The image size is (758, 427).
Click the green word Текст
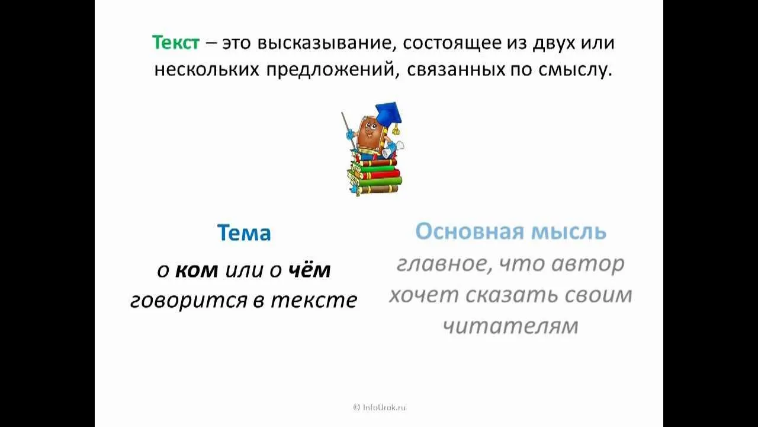tap(176, 43)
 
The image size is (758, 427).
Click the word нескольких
tap(207, 70)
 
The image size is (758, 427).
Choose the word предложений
tap(331, 71)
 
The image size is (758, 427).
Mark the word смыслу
tap(575, 71)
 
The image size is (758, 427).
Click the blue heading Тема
tap(244, 232)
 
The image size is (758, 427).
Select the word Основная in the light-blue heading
tap(469, 231)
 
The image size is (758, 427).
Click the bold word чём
tap(309, 270)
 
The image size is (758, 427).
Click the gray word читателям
tap(511, 326)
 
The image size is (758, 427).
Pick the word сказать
tap(511, 295)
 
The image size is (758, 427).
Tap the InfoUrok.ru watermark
tap(380, 407)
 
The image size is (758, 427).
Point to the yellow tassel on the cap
tap(395, 129)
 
